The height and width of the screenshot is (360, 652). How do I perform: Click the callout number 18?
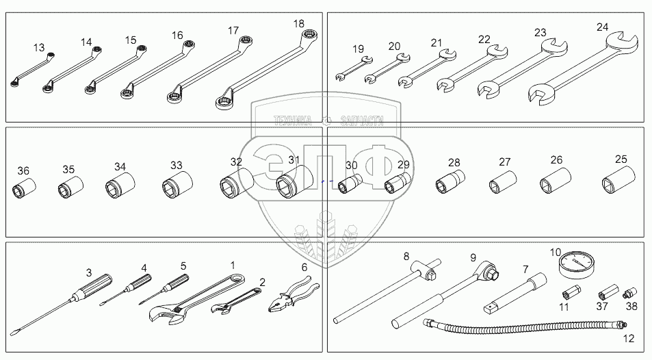coord(298,23)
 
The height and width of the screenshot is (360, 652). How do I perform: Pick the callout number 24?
coord(601,27)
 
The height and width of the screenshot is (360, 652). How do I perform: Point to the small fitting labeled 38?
coord(629,292)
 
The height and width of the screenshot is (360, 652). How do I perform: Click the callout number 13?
coord(38,48)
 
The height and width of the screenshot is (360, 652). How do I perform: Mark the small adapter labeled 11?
coord(569,295)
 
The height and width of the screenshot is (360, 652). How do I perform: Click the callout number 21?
coord(436,42)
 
